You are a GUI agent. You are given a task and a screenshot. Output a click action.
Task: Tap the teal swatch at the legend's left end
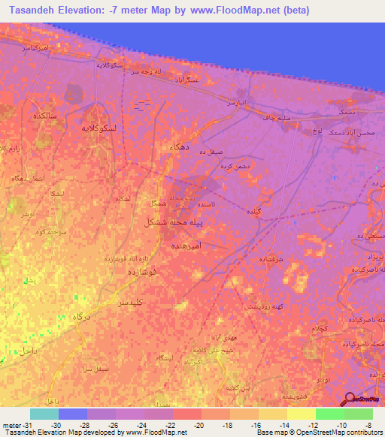pos(44,414)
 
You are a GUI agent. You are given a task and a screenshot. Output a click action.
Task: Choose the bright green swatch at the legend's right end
pos(359,414)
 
